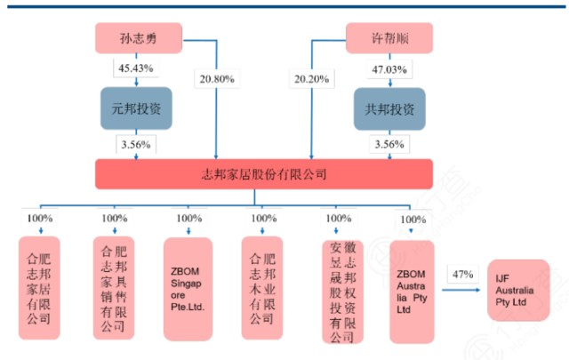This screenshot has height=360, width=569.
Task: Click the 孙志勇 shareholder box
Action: [137, 39]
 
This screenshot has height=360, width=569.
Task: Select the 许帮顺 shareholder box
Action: [389, 39]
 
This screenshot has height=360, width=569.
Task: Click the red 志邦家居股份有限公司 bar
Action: [264, 172]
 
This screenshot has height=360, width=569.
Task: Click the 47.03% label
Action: [389, 69]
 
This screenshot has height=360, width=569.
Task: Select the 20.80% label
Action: [215, 79]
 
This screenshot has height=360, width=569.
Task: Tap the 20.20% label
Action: [309, 79]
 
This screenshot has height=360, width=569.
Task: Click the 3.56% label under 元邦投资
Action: [136, 144]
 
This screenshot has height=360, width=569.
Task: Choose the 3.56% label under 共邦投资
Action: [389, 144]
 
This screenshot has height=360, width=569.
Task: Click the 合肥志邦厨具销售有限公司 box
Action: [115, 286]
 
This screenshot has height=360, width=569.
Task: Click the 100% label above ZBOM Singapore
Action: [188, 219]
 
